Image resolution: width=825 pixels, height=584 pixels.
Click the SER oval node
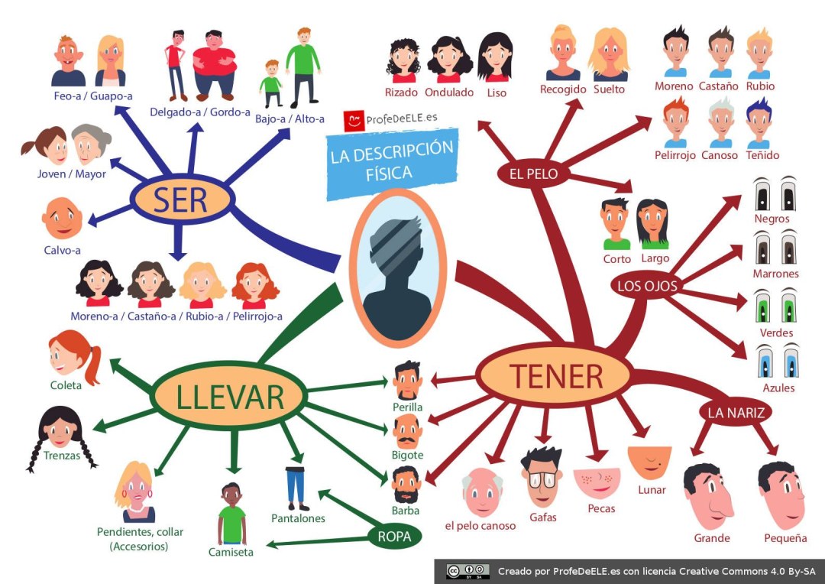[180, 200]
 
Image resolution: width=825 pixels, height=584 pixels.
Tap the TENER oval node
[555, 375]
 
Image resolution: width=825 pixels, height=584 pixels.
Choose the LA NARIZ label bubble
[735, 413]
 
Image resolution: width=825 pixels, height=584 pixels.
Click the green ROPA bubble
[394, 537]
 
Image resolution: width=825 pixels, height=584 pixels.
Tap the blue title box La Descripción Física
[392, 161]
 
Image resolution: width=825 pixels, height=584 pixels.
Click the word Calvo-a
[62, 250]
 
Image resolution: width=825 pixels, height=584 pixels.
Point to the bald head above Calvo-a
[62, 219]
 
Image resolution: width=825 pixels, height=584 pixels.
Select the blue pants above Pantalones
[296, 486]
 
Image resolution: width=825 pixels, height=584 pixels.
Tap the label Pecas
[601, 508]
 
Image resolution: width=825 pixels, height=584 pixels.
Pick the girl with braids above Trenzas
[60, 432]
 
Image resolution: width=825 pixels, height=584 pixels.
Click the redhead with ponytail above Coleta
[72, 355]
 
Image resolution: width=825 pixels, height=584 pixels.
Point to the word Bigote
[407, 456]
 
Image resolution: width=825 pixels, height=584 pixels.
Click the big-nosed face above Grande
[708, 496]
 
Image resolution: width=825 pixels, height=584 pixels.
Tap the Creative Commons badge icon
[467, 571]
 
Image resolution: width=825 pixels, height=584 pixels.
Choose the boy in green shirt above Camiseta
[231, 514]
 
